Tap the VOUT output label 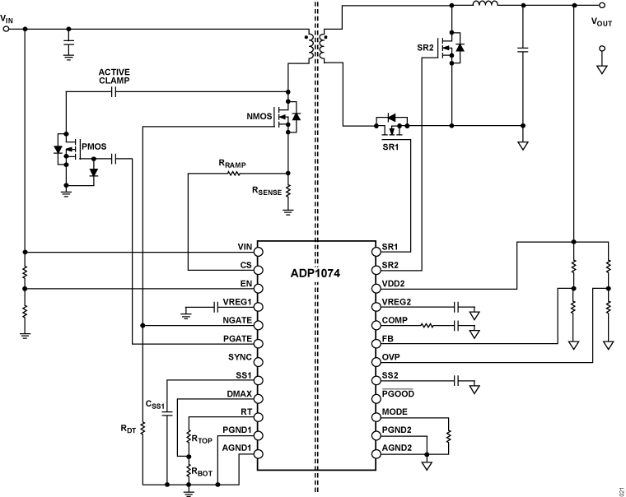tap(602, 22)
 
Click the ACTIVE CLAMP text tap(114, 76)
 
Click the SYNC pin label tap(239, 358)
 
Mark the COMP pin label tap(395, 321)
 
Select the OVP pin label tap(391, 358)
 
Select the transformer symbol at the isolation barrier tap(316, 48)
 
